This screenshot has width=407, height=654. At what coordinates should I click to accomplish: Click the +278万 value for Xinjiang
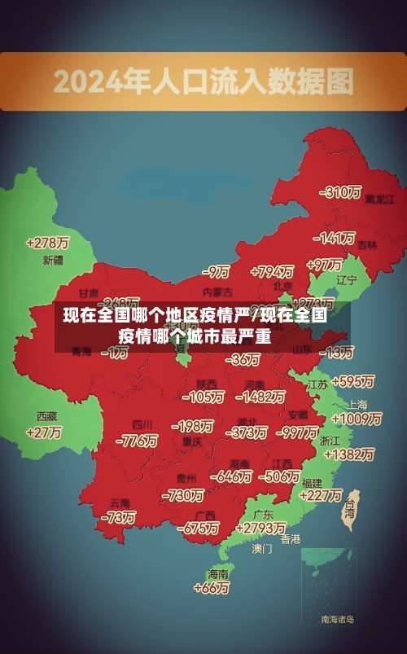click(x=47, y=242)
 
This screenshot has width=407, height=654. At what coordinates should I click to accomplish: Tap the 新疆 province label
click(x=52, y=261)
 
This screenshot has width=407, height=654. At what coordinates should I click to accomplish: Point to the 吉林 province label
click(x=367, y=244)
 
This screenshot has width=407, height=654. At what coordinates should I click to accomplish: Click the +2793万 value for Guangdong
click(x=258, y=528)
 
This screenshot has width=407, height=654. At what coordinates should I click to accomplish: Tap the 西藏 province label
click(x=46, y=416)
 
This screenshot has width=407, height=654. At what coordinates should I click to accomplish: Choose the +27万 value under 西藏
click(x=43, y=432)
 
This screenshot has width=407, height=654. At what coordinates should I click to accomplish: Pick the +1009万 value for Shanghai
click(x=356, y=419)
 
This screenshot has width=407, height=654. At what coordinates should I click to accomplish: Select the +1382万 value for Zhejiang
click(x=348, y=454)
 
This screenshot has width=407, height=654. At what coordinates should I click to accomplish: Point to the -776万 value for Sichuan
click(x=137, y=441)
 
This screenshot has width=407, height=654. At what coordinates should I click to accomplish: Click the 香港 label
click(x=290, y=538)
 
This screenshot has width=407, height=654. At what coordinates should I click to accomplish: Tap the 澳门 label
click(x=261, y=549)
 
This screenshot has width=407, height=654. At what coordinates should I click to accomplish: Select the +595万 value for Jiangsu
click(x=352, y=380)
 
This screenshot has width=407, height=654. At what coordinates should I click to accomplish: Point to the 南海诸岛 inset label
click(x=337, y=620)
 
